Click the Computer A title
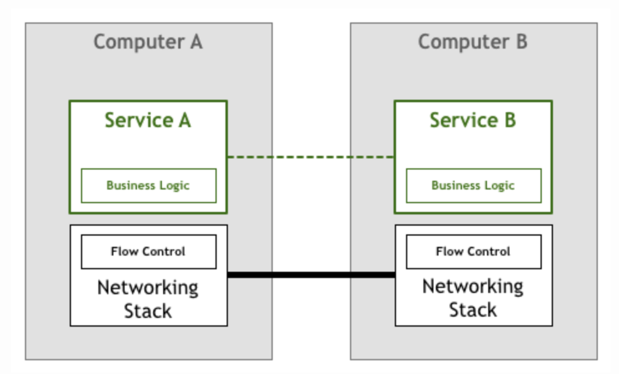[148, 42]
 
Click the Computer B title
[473, 42]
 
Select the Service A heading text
[148, 120]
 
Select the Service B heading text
[473, 120]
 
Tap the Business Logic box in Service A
[148, 185]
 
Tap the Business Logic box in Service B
[473, 185]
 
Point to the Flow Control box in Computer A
[148, 251]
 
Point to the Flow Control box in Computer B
[473, 251]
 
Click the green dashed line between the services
[310, 157]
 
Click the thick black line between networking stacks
[310, 275]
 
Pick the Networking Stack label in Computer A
[148, 299]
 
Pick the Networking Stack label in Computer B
[473, 298]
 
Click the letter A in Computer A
[195, 42]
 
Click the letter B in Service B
[509, 120]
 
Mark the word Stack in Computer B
[473, 310]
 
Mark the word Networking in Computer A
[148, 288]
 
